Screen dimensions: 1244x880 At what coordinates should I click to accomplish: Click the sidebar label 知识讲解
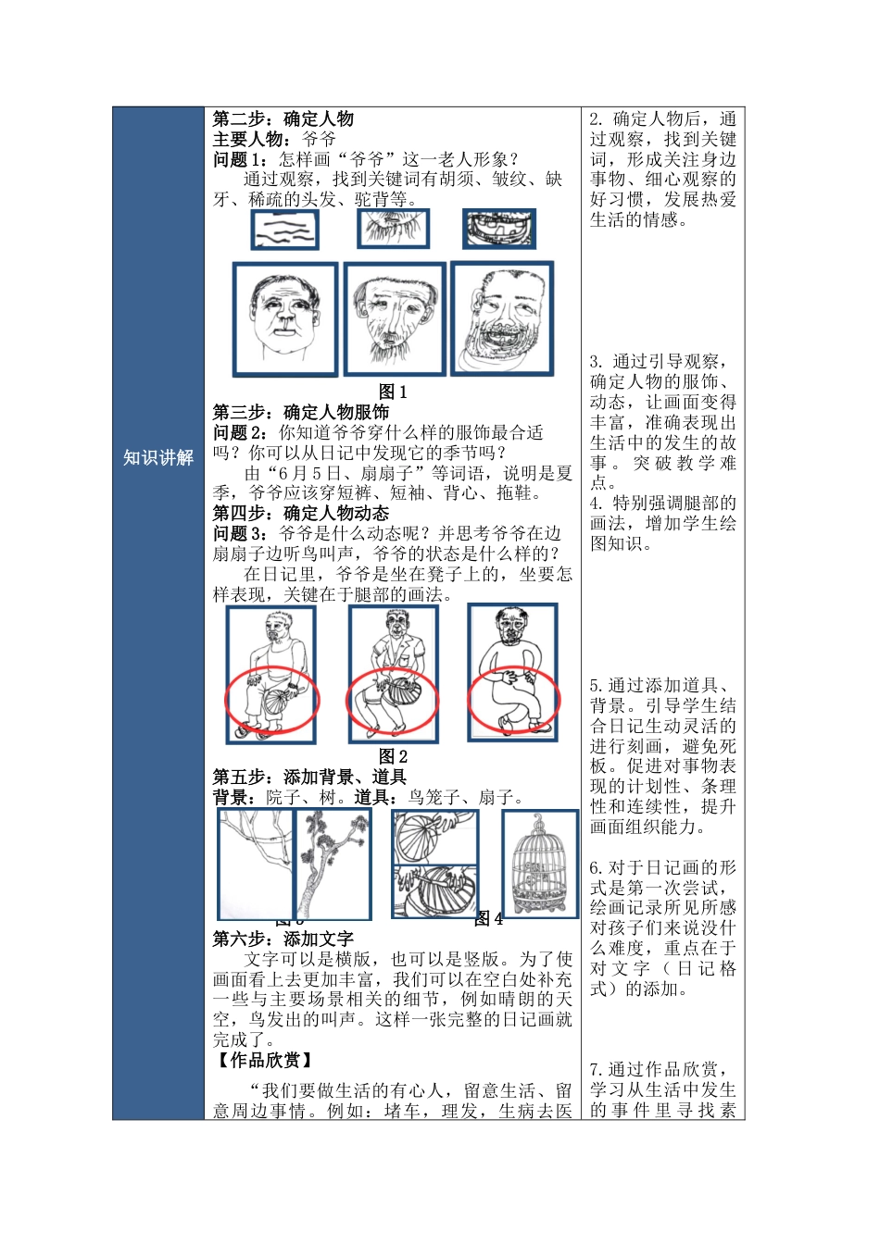[x=157, y=458]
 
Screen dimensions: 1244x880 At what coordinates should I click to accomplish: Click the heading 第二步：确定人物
[x=283, y=118]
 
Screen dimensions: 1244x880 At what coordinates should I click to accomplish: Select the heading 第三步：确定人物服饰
[x=300, y=412]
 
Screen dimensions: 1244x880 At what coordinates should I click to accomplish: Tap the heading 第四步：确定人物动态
[x=300, y=513]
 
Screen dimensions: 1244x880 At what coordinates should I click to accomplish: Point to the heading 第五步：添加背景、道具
[x=309, y=777]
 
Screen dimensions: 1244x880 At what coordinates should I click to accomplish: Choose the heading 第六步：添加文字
[x=283, y=939]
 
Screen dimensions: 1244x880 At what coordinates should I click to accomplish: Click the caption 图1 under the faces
[x=393, y=392]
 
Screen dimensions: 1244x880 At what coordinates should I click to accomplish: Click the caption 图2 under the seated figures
[x=393, y=756]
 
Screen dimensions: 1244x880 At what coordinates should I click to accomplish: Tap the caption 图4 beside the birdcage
[x=488, y=918]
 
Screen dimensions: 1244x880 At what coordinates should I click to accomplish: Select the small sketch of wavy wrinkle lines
[x=284, y=230]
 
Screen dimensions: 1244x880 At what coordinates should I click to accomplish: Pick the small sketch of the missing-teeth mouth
[x=499, y=229]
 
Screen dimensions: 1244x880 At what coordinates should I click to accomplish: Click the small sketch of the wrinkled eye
[x=394, y=229]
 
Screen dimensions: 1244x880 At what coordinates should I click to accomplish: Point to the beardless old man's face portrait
[x=285, y=318]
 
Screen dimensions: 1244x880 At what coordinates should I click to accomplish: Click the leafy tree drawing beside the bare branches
[x=333, y=865]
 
